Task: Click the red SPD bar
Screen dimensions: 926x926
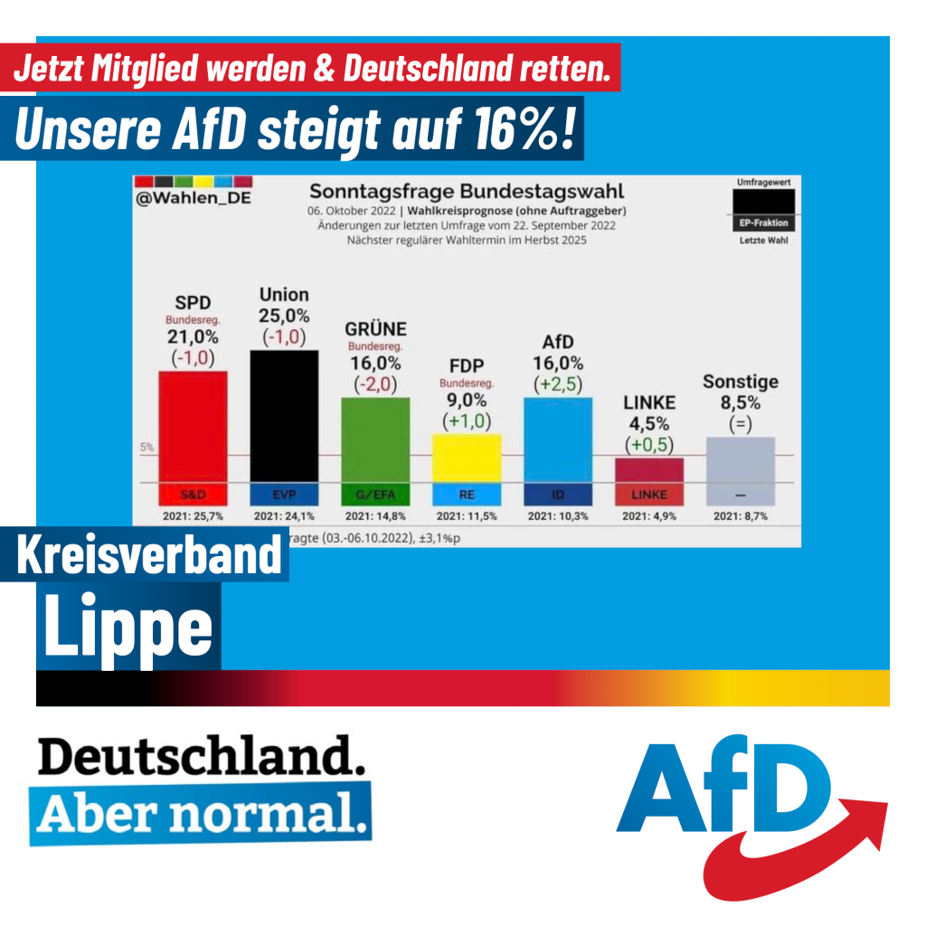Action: point(193,425)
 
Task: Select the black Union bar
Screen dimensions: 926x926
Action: point(284,416)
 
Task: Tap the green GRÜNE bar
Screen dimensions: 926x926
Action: point(375,439)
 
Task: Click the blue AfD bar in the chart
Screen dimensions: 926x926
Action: point(558,439)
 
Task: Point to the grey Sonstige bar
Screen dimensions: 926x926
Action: point(740,459)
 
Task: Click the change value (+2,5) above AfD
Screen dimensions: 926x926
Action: point(558,383)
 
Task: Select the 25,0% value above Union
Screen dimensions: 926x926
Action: point(284,316)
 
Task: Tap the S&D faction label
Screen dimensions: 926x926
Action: point(193,495)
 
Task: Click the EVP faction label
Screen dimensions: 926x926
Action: point(284,495)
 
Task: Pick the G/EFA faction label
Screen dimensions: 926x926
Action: point(375,495)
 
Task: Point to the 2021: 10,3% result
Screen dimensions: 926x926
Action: point(558,516)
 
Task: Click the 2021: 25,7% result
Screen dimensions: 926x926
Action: point(193,516)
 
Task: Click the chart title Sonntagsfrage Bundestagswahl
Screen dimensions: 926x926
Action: point(467,192)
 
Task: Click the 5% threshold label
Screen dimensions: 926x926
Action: point(146,447)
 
